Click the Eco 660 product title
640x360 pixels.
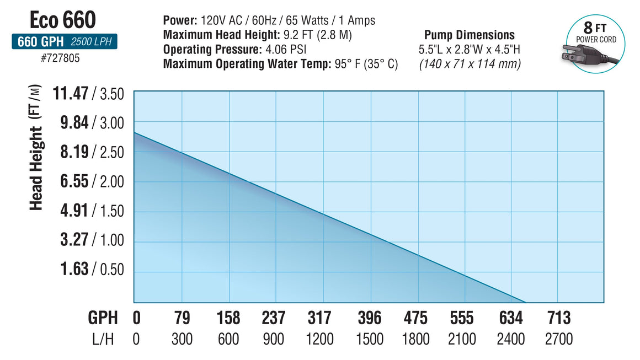(x=63, y=20)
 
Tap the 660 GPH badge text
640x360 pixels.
(x=39, y=42)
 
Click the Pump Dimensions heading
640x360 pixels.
(x=469, y=35)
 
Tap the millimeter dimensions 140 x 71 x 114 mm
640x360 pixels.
(x=470, y=63)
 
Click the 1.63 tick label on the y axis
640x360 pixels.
(x=74, y=269)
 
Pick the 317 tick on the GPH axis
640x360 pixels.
(x=319, y=318)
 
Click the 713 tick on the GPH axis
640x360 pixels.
(x=558, y=318)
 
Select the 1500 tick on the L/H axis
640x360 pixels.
(x=369, y=338)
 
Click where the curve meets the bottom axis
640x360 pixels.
(x=525, y=303)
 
